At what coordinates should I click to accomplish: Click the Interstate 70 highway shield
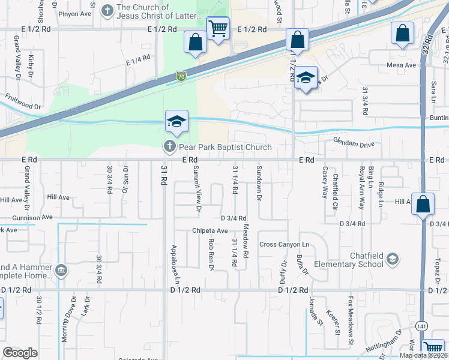(181, 76)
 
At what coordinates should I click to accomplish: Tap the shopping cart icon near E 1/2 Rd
(217, 28)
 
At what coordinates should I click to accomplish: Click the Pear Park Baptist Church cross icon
(169, 146)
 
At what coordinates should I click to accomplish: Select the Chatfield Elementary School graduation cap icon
(392, 259)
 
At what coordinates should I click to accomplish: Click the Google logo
(20, 353)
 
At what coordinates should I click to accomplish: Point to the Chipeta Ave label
(209, 230)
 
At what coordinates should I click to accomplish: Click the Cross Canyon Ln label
(284, 245)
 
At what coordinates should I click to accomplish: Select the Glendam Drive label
(354, 145)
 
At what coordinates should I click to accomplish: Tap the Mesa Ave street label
(402, 65)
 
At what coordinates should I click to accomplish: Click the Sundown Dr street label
(259, 183)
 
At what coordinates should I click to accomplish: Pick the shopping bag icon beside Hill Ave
(423, 205)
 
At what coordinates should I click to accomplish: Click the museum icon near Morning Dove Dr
(61, 271)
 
